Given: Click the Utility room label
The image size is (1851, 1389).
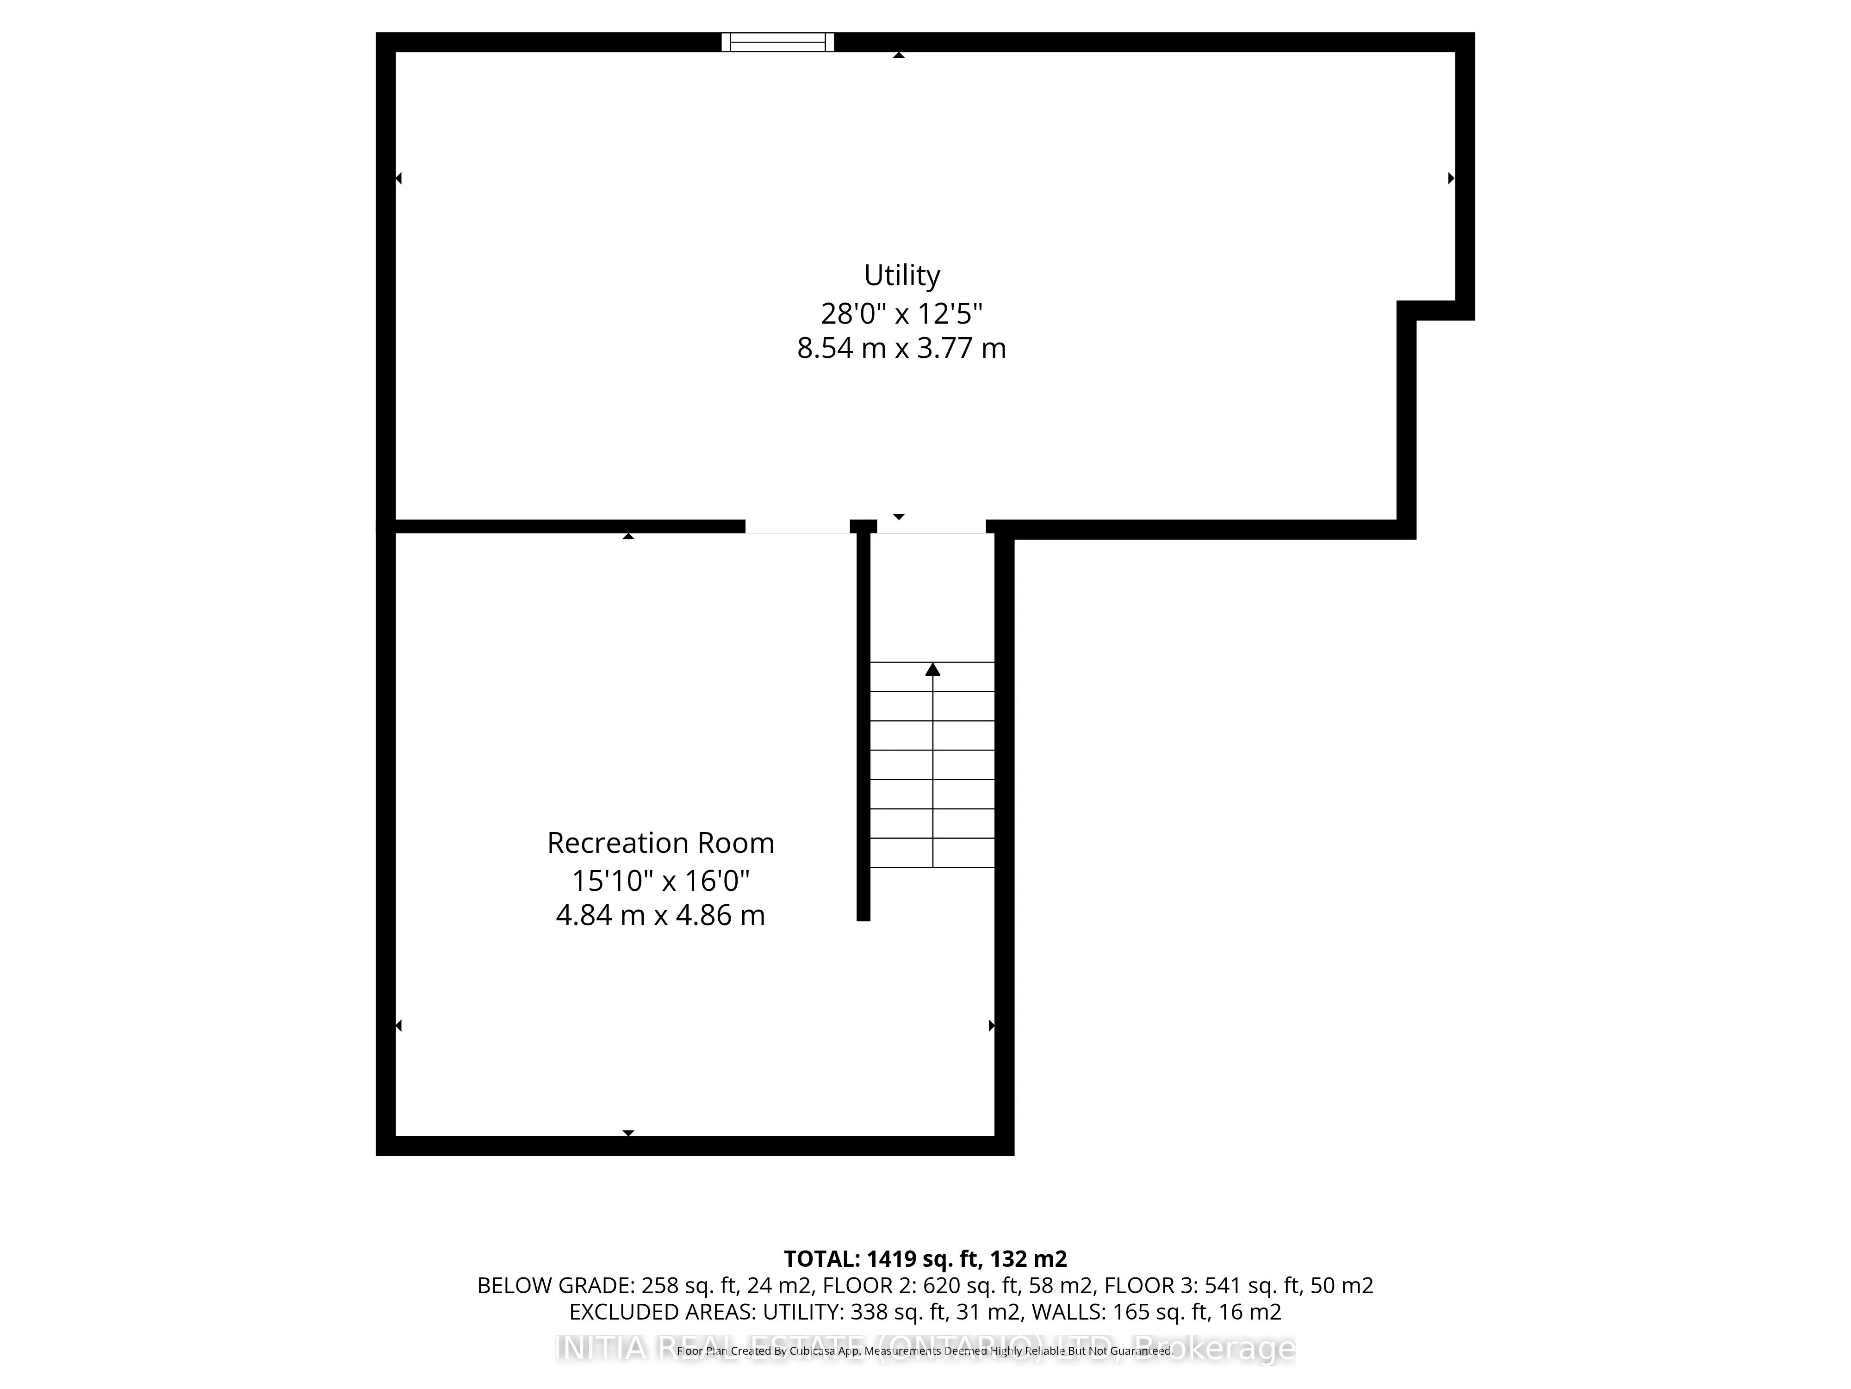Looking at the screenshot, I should [x=901, y=275].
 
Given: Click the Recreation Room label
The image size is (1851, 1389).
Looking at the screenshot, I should [x=660, y=843].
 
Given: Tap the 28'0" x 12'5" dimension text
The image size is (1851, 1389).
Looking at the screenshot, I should [x=901, y=314].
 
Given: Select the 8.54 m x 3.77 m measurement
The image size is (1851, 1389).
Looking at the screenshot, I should [x=901, y=348].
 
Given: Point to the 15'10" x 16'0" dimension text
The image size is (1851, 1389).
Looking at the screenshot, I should [x=660, y=881].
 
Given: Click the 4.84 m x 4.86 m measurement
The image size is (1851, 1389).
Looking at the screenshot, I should [x=660, y=915].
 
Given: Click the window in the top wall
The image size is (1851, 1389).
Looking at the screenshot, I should [x=777, y=42].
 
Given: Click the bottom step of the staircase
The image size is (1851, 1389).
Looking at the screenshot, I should [x=932, y=853].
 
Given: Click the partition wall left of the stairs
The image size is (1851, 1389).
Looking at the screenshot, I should [x=863, y=728].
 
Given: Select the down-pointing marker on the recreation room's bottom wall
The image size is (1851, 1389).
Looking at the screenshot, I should [x=627, y=1133].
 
